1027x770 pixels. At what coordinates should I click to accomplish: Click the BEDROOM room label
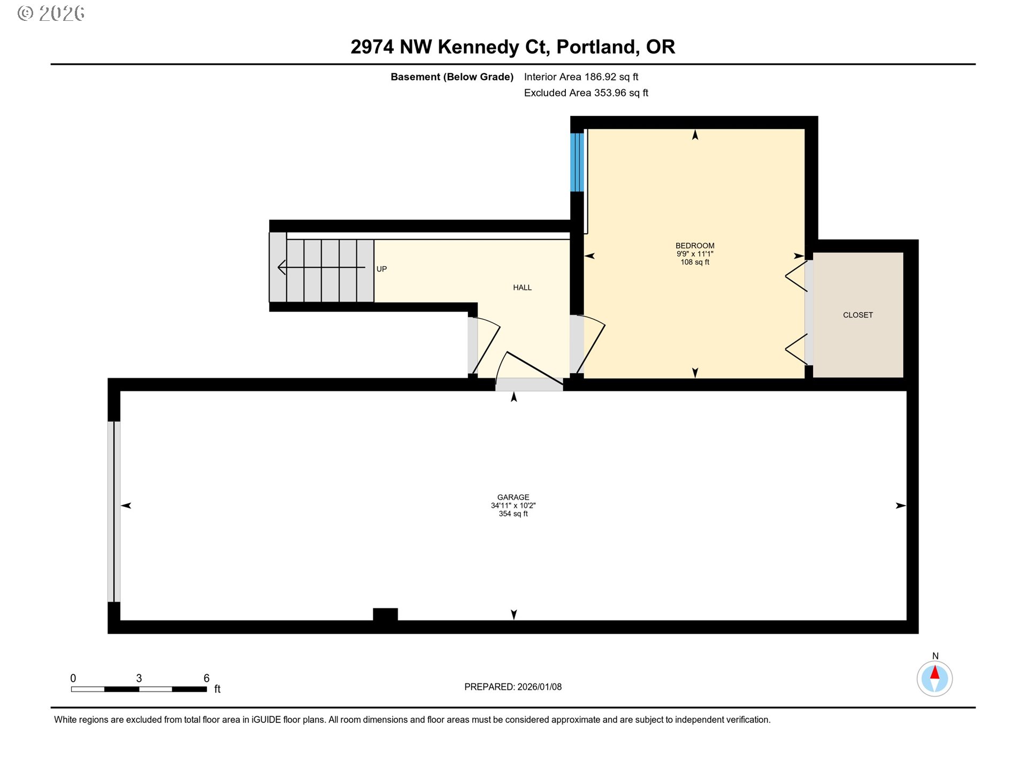tap(694, 246)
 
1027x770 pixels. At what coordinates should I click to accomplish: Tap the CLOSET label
tap(857, 315)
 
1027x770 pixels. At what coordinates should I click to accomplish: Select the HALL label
tap(522, 288)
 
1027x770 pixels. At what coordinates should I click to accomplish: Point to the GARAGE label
tap(513, 497)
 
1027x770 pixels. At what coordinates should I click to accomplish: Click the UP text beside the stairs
tap(381, 269)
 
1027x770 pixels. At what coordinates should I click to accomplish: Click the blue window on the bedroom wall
tap(577, 162)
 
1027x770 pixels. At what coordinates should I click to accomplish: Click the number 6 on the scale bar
tap(206, 678)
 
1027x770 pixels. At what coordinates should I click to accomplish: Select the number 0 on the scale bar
tap(73, 678)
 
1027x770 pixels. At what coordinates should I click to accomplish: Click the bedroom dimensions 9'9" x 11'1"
tap(694, 254)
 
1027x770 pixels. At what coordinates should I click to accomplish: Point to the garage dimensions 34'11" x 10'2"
tap(513, 505)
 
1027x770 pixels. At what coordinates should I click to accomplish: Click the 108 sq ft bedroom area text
tap(694, 262)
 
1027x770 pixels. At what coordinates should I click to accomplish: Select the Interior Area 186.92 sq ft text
tap(581, 77)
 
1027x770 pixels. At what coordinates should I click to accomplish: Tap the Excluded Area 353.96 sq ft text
tap(586, 93)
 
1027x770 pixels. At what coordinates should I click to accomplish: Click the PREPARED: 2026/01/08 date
tap(513, 687)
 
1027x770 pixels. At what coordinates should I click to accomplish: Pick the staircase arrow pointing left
tap(321, 267)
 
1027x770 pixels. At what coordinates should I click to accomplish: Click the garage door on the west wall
tap(113, 512)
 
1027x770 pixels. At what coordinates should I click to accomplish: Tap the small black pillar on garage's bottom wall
tap(385, 614)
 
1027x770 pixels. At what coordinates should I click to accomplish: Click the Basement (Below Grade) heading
tap(451, 77)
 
